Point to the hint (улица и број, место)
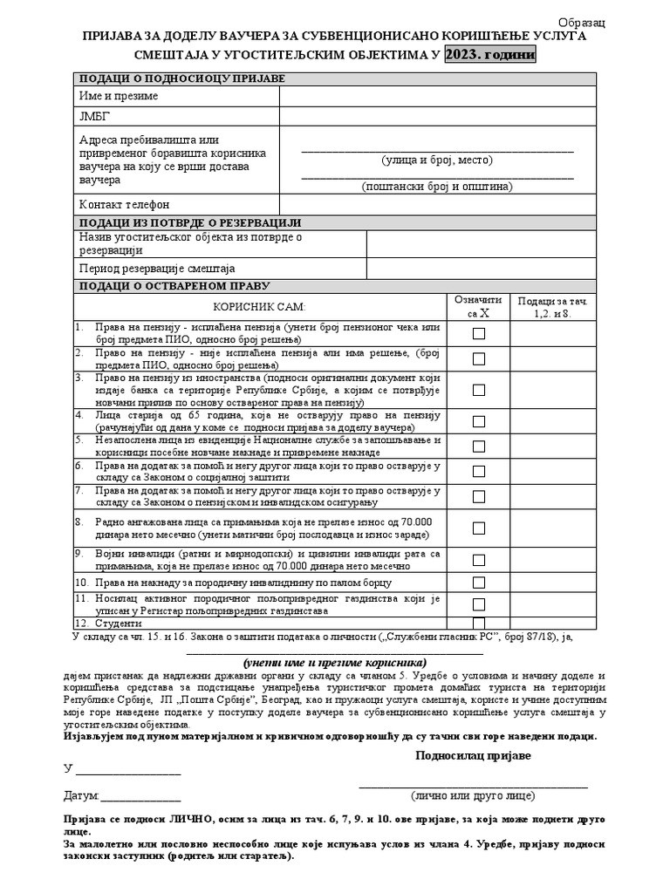(x=437, y=160)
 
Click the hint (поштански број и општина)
(x=437, y=187)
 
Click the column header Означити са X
(x=478, y=306)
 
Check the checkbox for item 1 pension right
(x=479, y=333)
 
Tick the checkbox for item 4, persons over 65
(x=479, y=421)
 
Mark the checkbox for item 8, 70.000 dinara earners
(x=479, y=528)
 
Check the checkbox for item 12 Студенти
(x=479, y=624)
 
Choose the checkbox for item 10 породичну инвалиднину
(x=479, y=583)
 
